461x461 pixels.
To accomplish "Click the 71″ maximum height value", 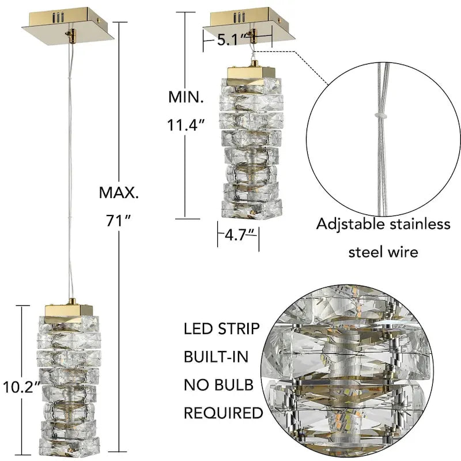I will [119, 220].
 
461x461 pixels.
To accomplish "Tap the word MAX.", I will [119, 192].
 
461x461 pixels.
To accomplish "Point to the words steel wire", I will [383, 252].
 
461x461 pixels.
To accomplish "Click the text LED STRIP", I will [221, 330].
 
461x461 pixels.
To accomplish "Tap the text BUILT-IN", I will [216, 357].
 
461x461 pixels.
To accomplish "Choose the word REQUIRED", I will [223, 413].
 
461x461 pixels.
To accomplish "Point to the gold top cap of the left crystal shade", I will [69, 308].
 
